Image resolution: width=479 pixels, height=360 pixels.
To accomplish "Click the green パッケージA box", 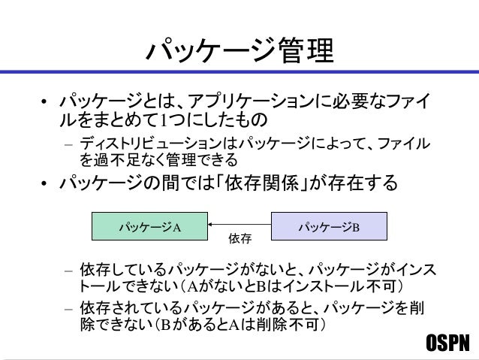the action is pyautogui.click(x=150, y=225).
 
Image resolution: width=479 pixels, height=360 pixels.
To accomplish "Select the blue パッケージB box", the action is pyautogui.click(x=329, y=225).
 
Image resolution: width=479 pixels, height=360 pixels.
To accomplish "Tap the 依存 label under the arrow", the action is pyautogui.click(x=239, y=240).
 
